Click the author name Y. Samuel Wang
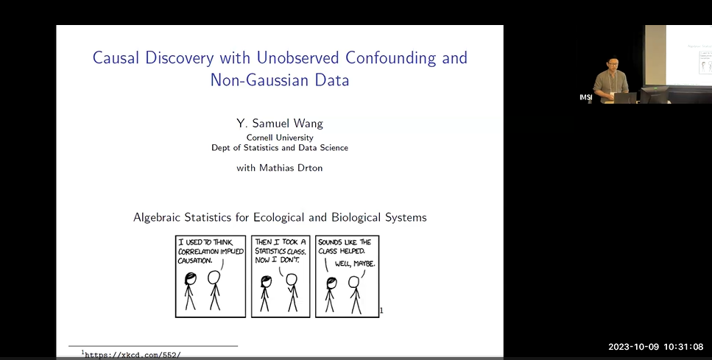[x=280, y=122]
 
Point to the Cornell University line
[x=280, y=137]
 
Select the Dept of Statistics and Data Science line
[x=280, y=147]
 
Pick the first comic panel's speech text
[x=211, y=250]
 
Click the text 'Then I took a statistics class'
[x=280, y=246]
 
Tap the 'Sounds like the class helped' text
[x=345, y=246]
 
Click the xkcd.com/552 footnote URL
[x=133, y=355]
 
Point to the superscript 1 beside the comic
[x=381, y=311]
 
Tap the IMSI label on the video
[x=585, y=97]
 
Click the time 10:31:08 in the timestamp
[x=683, y=347]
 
